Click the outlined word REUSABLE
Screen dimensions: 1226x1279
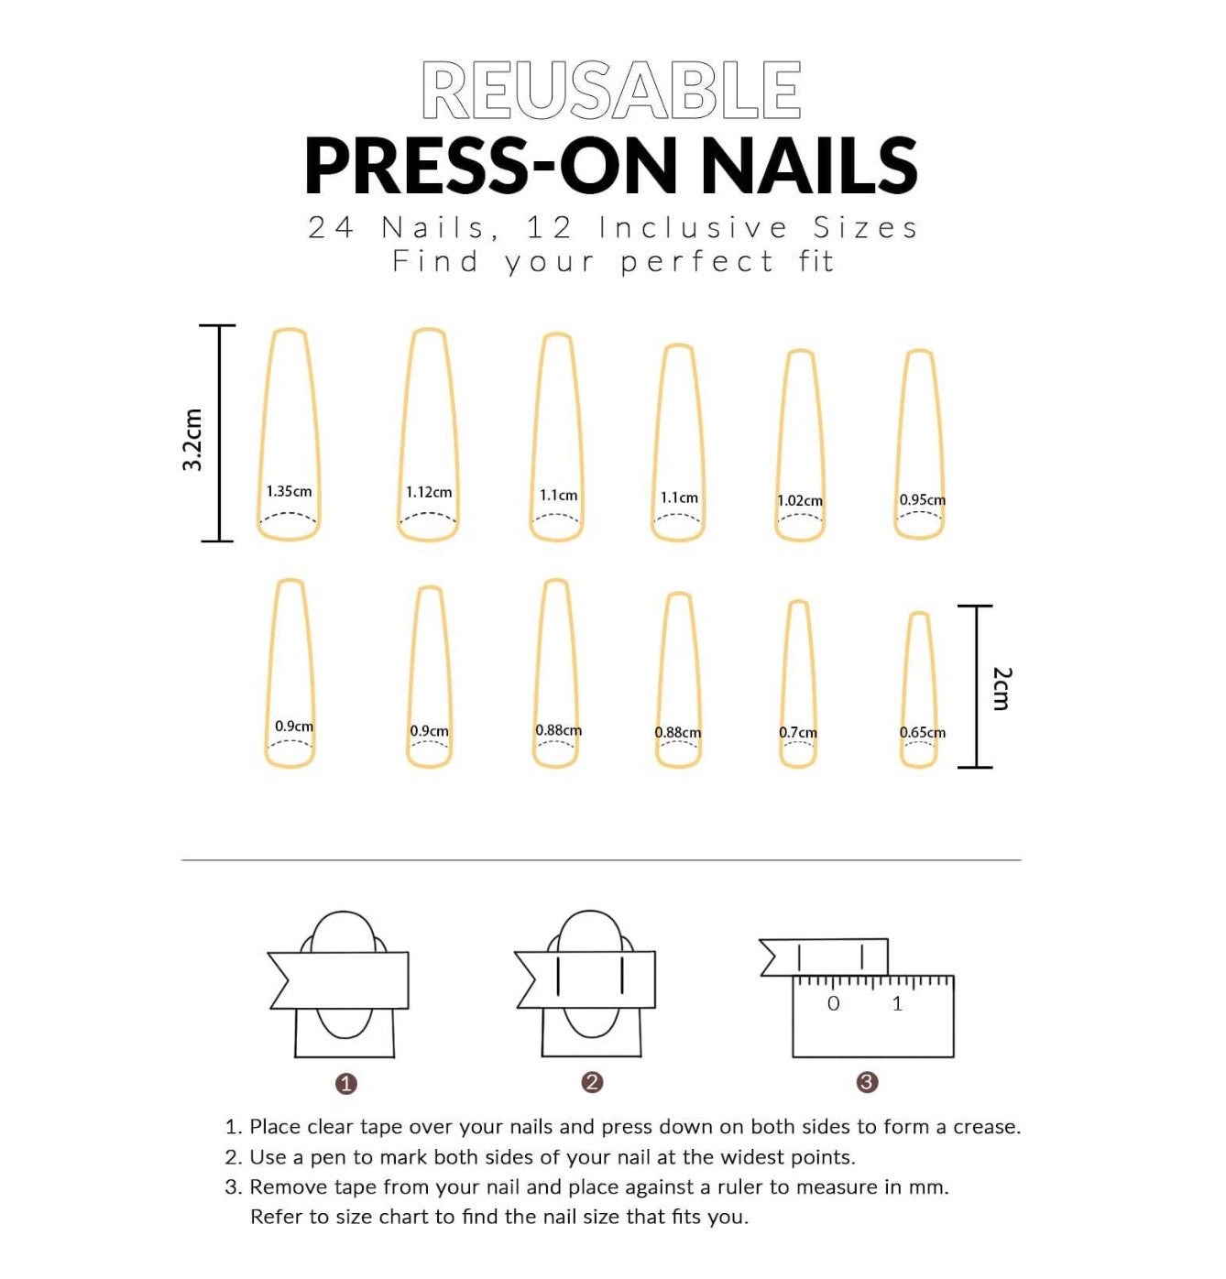click(610, 90)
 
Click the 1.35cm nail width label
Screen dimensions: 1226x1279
click(289, 492)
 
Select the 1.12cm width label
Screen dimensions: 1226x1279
click(429, 492)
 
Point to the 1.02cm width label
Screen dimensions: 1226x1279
click(799, 501)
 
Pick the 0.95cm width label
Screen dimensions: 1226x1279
click(923, 500)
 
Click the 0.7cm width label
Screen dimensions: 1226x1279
click(798, 732)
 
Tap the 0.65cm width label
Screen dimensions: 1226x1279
click(923, 732)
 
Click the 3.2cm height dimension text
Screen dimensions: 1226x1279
click(192, 439)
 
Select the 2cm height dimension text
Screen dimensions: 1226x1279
click(1002, 688)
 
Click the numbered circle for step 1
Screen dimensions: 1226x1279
click(345, 1084)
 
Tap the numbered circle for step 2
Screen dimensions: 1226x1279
click(592, 1082)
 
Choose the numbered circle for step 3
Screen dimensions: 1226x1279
click(867, 1082)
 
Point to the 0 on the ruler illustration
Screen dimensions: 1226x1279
click(833, 1003)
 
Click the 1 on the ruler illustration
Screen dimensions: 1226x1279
click(897, 1003)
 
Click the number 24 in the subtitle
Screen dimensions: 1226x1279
click(332, 228)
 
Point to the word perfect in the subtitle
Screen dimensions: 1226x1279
click(697, 262)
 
